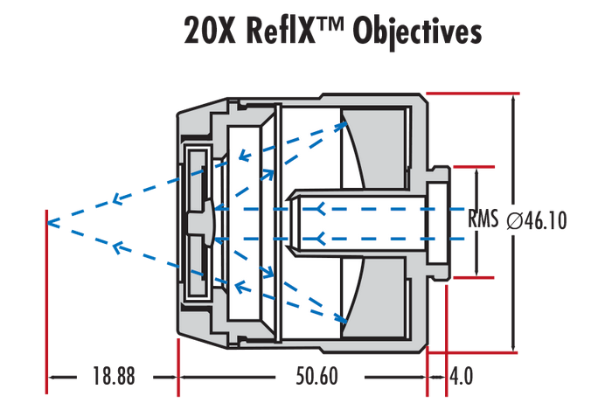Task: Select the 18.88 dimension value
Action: coord(113,377)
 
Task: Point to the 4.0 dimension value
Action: coord(461,377)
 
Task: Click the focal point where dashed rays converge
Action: coord(48,220)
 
